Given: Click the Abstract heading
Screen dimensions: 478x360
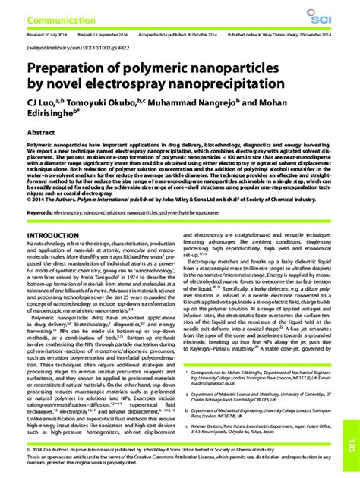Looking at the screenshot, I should pyautogui.click(x=41, y=131).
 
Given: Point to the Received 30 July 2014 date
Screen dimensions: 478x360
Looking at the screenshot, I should pyautogui.click(x=46, y=35).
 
